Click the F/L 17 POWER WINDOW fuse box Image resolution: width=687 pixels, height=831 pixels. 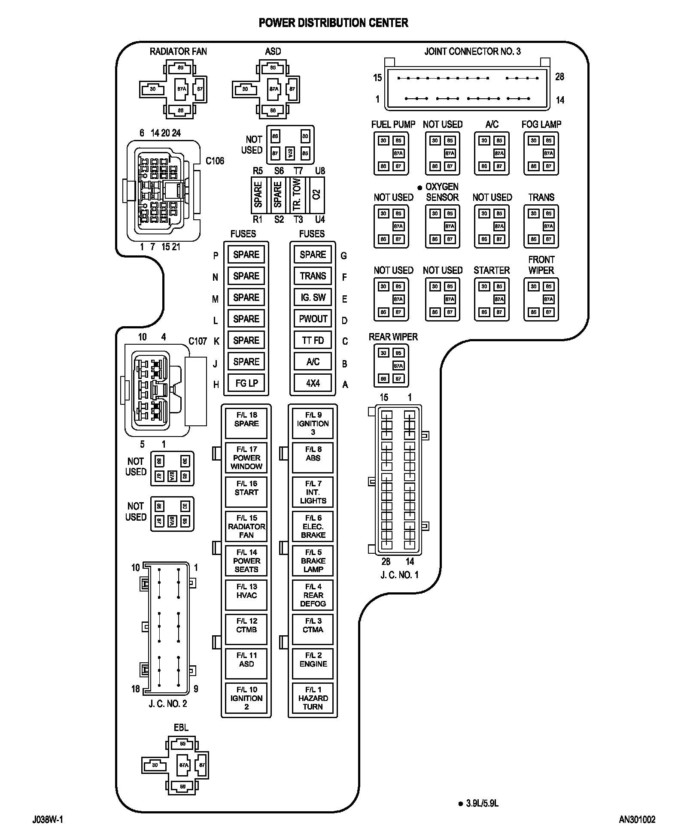246,458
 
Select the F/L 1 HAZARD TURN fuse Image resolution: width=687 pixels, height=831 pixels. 313,698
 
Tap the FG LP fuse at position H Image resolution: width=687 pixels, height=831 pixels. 246,383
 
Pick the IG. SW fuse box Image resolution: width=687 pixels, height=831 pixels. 313,297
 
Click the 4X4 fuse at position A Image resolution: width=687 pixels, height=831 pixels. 313,383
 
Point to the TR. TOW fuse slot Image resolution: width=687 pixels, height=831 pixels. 297,195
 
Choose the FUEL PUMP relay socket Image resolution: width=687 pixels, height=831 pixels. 391,153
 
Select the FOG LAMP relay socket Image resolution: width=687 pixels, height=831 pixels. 541,153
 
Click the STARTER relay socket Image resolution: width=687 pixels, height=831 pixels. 492,299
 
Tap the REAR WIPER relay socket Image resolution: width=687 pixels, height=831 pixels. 391,366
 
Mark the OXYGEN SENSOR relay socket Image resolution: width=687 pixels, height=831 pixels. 442,226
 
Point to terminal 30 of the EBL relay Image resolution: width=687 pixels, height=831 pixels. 155,765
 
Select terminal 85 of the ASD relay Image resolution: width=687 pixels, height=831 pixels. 273,67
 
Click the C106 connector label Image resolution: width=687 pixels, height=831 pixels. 215,161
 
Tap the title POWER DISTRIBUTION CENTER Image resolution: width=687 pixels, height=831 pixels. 333,23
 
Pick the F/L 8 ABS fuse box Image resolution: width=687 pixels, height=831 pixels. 313,458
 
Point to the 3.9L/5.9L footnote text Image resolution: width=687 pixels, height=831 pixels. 482,804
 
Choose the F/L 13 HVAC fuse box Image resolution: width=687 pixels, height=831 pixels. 246,595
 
